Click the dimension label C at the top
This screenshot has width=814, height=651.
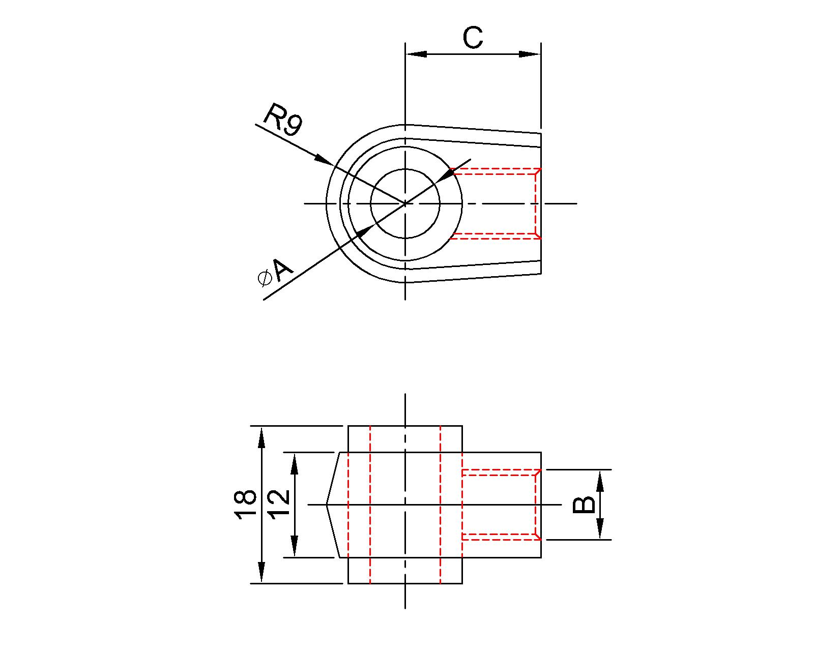(x=473, y=38)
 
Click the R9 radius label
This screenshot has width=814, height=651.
(x=283, y=120)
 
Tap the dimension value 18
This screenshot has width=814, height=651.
(x=245, y=504)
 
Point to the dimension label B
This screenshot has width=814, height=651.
(x=584, y=505)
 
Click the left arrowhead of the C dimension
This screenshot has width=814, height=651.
(x=416, y=54)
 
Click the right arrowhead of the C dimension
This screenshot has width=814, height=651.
(x=530, y=54)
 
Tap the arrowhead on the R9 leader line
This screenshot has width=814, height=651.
(x=324, y=159)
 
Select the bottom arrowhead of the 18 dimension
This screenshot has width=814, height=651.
(x=261, y=573)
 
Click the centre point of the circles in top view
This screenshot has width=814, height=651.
(x=405, y=203)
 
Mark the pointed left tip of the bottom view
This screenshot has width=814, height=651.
(x=327, y=505)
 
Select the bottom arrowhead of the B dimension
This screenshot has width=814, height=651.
(x=600, y=529)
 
